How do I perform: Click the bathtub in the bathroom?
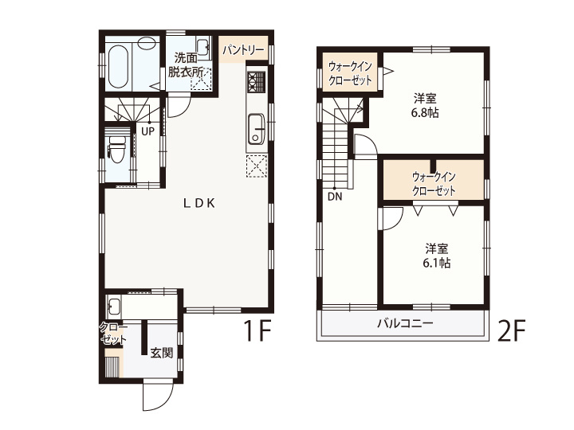point(119,66)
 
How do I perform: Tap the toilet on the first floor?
point(116,149)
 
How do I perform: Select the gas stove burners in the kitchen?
point(257,81)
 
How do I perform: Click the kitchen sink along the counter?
point(257,129)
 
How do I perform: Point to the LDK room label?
point(199,203)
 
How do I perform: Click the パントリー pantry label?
point(244,49)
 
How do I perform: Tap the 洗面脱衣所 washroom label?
point(186,64)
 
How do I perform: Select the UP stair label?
point(148,131)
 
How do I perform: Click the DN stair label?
point(335,197)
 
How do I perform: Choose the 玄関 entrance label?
point(161,353)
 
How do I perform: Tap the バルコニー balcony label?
point(406,323)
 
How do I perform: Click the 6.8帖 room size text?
point(425,112)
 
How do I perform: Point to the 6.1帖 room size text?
point(436,263)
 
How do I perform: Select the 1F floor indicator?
point(258,330)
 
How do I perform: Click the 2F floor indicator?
point(511,330)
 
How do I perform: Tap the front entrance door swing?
point(157,396)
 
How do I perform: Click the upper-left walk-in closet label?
point(350,72)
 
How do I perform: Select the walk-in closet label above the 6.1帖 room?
point(434,184)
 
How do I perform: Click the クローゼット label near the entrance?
point(113,333)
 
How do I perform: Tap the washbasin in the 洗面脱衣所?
point(202,47)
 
